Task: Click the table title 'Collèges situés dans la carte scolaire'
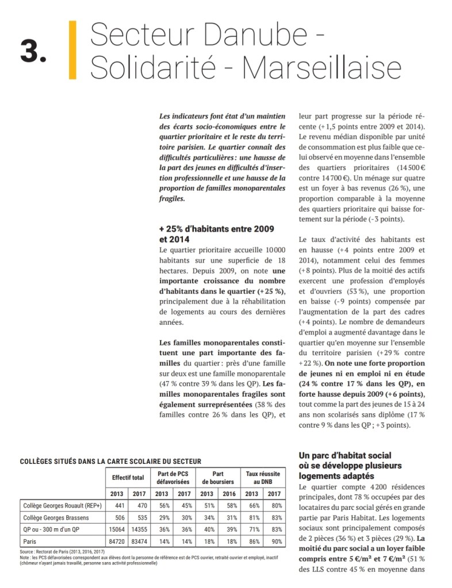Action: click(110, 460)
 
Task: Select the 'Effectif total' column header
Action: click(128, 478)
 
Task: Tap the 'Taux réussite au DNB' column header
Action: click(263, 478)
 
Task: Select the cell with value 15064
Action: click(117, 529)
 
